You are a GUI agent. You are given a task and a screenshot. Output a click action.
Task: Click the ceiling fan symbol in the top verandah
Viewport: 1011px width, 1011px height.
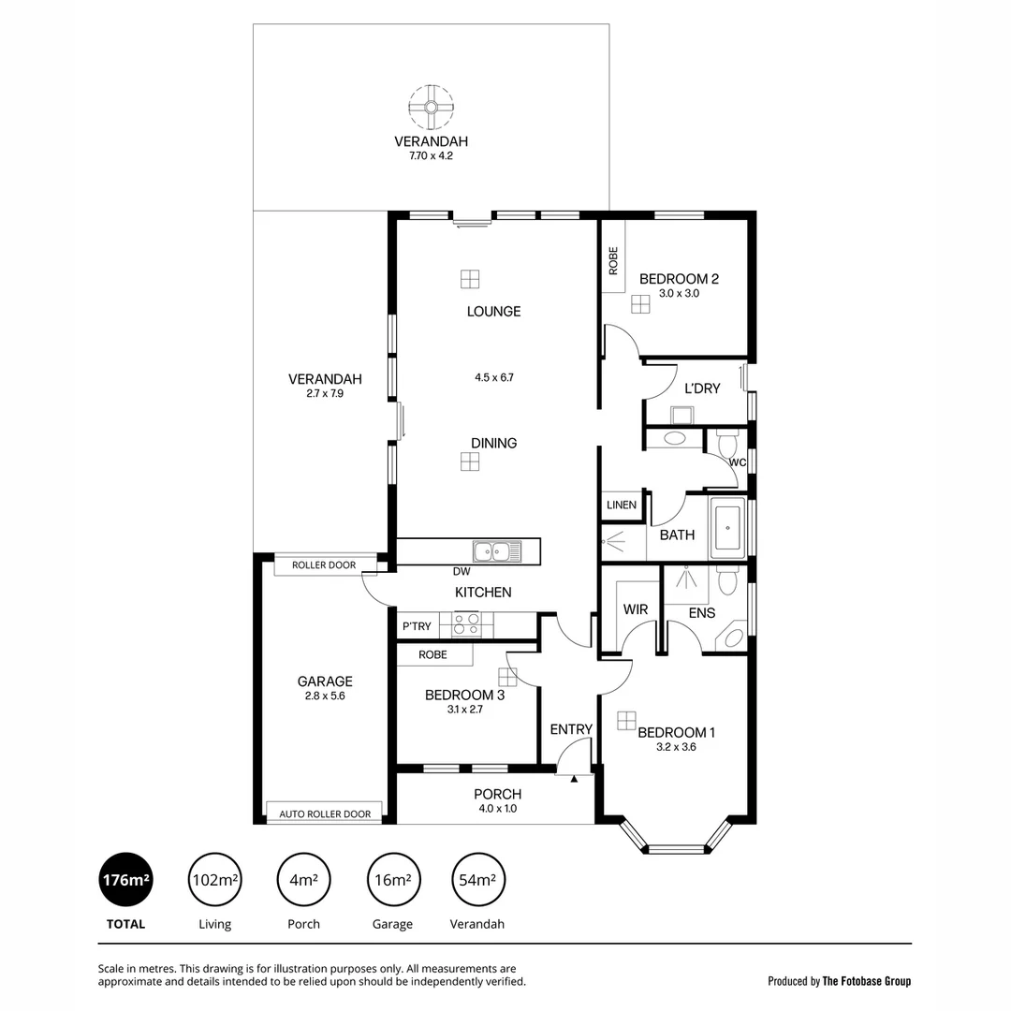point(432,108)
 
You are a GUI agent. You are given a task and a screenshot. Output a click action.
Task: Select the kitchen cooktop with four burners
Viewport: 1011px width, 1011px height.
point(466,624)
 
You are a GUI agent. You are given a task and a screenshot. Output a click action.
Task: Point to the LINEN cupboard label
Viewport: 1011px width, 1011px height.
point(622,505)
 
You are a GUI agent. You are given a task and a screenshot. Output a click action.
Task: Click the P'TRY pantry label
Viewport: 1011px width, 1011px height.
point(417,626)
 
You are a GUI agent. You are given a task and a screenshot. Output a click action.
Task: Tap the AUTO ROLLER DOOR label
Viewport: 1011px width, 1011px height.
point(324,814)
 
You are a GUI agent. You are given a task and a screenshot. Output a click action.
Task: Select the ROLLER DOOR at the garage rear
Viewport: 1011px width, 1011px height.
point(324,565)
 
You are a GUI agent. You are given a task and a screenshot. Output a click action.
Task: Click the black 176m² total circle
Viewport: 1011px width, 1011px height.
point(125,880)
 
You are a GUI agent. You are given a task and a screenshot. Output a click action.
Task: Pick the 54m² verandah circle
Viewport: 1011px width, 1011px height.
point(477,880)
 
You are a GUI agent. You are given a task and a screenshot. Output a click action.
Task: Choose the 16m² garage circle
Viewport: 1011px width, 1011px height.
point(392,880)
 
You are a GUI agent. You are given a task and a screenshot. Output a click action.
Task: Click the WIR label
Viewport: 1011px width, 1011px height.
point(636,610)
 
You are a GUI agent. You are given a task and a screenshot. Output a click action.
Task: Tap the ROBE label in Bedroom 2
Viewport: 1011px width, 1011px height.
point(613,259)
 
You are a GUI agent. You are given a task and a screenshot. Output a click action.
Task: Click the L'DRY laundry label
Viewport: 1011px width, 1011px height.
point(702,388)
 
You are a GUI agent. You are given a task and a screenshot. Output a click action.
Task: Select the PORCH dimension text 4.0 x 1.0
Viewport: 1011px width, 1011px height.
point(497,809)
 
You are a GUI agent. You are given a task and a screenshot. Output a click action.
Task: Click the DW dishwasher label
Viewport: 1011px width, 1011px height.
point(461,571)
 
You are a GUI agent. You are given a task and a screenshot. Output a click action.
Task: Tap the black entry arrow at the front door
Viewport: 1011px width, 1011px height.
point(574,777)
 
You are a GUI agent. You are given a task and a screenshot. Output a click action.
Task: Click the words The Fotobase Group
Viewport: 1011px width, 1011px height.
point(866,981)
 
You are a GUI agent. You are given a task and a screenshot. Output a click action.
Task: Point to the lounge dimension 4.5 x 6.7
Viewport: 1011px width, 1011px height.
point(493,378)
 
